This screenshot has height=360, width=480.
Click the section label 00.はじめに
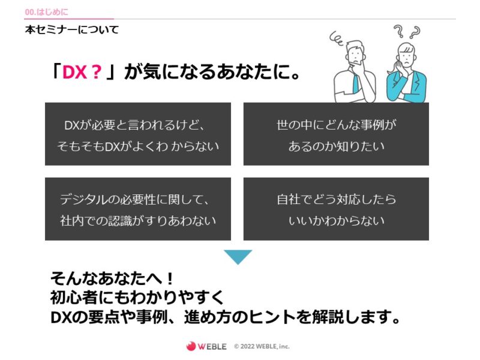(47, 12)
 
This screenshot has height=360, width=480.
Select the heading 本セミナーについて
(72, 29)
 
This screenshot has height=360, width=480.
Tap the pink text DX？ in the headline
(82, 72)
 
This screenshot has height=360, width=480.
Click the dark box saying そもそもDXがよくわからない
(138, 134)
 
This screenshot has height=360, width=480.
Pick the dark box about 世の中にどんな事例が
(336, 134)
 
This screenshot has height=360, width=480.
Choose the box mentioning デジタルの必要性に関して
(138, 209)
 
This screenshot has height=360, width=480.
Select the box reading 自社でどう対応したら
(336, 209)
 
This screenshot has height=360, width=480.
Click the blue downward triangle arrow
(238, 257)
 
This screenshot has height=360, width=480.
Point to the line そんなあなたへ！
(112, 278)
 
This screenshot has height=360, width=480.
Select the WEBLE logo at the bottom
(206, 346)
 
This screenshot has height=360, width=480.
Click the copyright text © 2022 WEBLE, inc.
(262, 346)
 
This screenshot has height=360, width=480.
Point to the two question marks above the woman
(407, 31)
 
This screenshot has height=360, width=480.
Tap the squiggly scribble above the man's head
(337, 38)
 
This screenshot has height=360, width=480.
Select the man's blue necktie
(356, 83)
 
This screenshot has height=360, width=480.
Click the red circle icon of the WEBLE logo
(191, 346)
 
